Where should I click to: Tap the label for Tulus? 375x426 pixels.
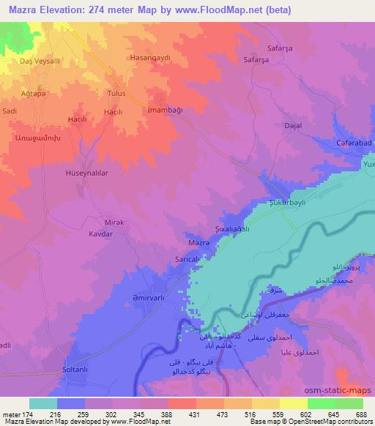[x=116, y=94]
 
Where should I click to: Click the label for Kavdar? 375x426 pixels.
[x=100, y=233]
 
